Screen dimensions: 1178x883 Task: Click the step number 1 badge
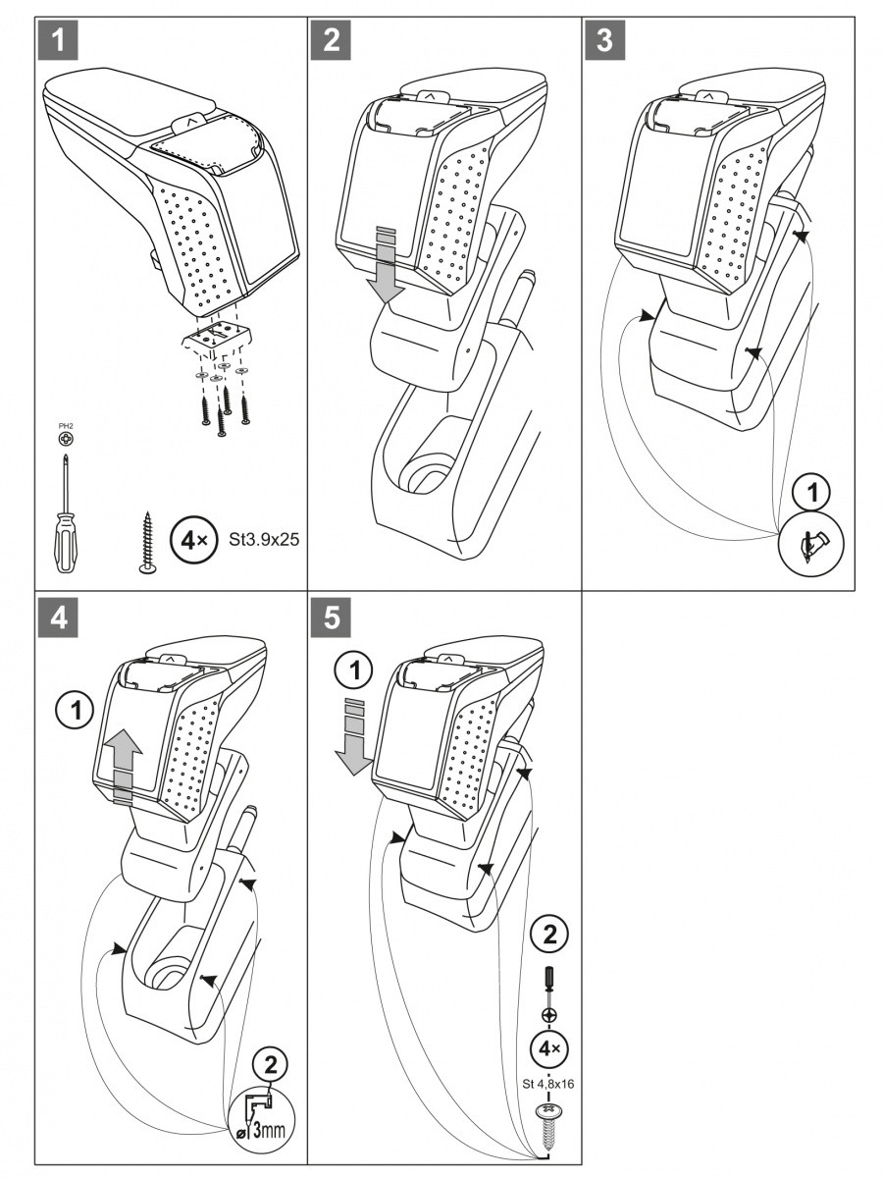(x=59, y=40)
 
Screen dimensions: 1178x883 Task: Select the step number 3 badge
(x=605, y=40)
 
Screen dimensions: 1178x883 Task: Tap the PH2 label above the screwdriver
(x=66, y=426)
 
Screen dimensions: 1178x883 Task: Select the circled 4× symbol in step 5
(x=547, y=1048)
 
